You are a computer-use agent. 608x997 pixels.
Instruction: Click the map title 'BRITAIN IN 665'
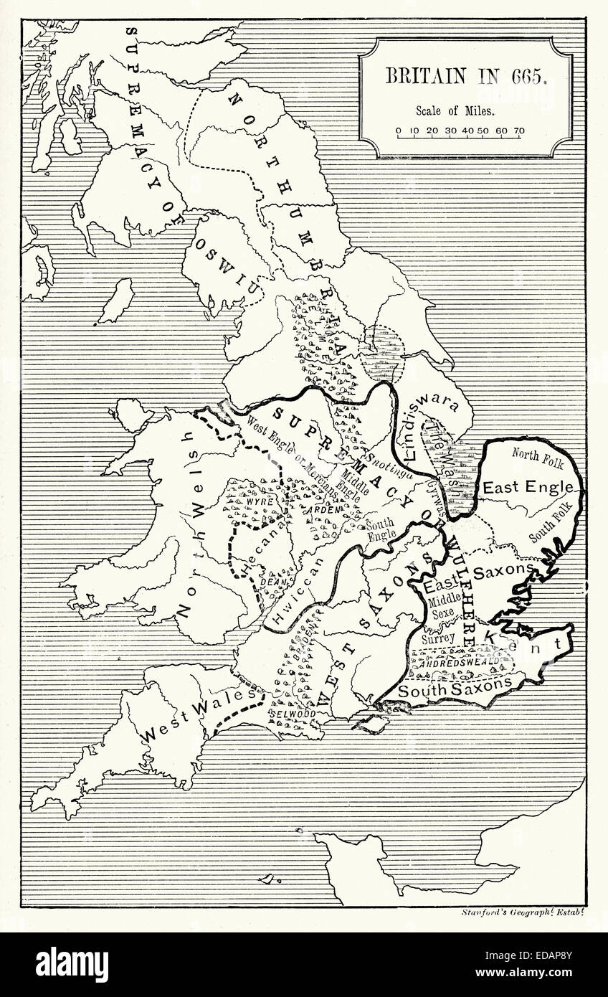[x=467, y=76]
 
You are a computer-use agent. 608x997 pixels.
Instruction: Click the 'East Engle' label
[x=528, y=487]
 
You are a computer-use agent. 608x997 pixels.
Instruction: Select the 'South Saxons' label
[x=455, y=689]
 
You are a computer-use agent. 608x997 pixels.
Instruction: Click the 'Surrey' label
[x=438, y=637]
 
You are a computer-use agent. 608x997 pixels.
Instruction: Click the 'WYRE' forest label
[x=261, y=503]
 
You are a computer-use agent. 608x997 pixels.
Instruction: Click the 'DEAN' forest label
[x=272, y=583]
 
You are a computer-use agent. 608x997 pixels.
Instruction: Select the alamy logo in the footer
[x=72, y=964]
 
